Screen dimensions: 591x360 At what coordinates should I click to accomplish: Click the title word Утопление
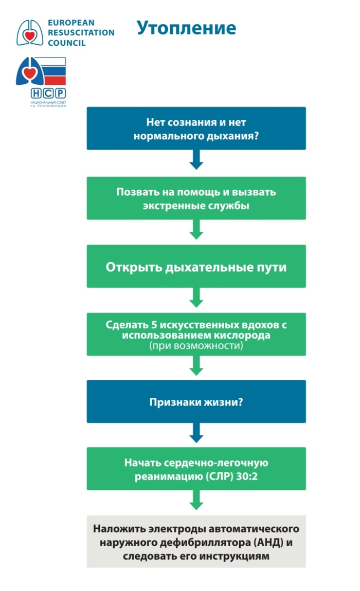[x=186, y=28]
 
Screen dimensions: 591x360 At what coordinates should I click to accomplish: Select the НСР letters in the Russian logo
[x=48, y=93]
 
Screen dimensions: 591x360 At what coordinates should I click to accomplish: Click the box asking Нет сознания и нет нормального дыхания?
[x=196, y=128]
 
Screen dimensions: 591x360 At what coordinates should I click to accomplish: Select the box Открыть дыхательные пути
[x=196, y=267]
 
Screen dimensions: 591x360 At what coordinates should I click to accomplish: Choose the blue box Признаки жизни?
[x=196, y=402]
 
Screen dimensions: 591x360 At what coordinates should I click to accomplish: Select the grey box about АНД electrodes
[x=196, y=542]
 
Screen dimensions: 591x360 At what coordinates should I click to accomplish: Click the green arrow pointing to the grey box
[x=196, y=500]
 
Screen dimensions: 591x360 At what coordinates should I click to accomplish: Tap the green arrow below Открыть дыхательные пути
[x=196, y=298]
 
